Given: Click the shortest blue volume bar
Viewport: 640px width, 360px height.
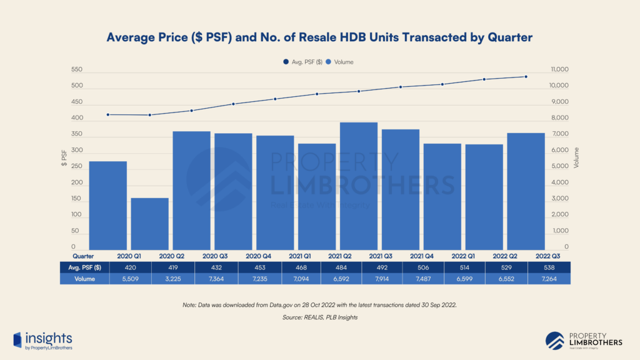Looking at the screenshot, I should pyautogui.click(x=149, y=224).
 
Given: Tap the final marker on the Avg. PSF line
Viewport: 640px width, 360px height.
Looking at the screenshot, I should pyautogui.click(x=526, y=77).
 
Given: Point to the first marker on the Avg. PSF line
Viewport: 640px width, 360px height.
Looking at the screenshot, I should pyautogui.click(x=108, y=114).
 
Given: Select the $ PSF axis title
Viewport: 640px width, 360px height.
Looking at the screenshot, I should pyautogui.click(x=64, y=159).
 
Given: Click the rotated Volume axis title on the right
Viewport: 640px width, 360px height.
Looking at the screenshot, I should pyautogui.click(x=576, y=159).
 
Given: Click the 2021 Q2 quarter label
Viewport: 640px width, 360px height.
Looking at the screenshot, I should pyautogui.click(x=338, y=256).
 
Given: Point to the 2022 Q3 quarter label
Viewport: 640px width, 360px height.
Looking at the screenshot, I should pyautogui.click(x=547, y=256).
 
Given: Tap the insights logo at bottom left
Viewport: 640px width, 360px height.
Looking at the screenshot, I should pyautogui.click(x=42, y=340).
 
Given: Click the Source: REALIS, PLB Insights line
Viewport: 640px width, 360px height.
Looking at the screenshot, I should pyautogui.click(x=319, y=317).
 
